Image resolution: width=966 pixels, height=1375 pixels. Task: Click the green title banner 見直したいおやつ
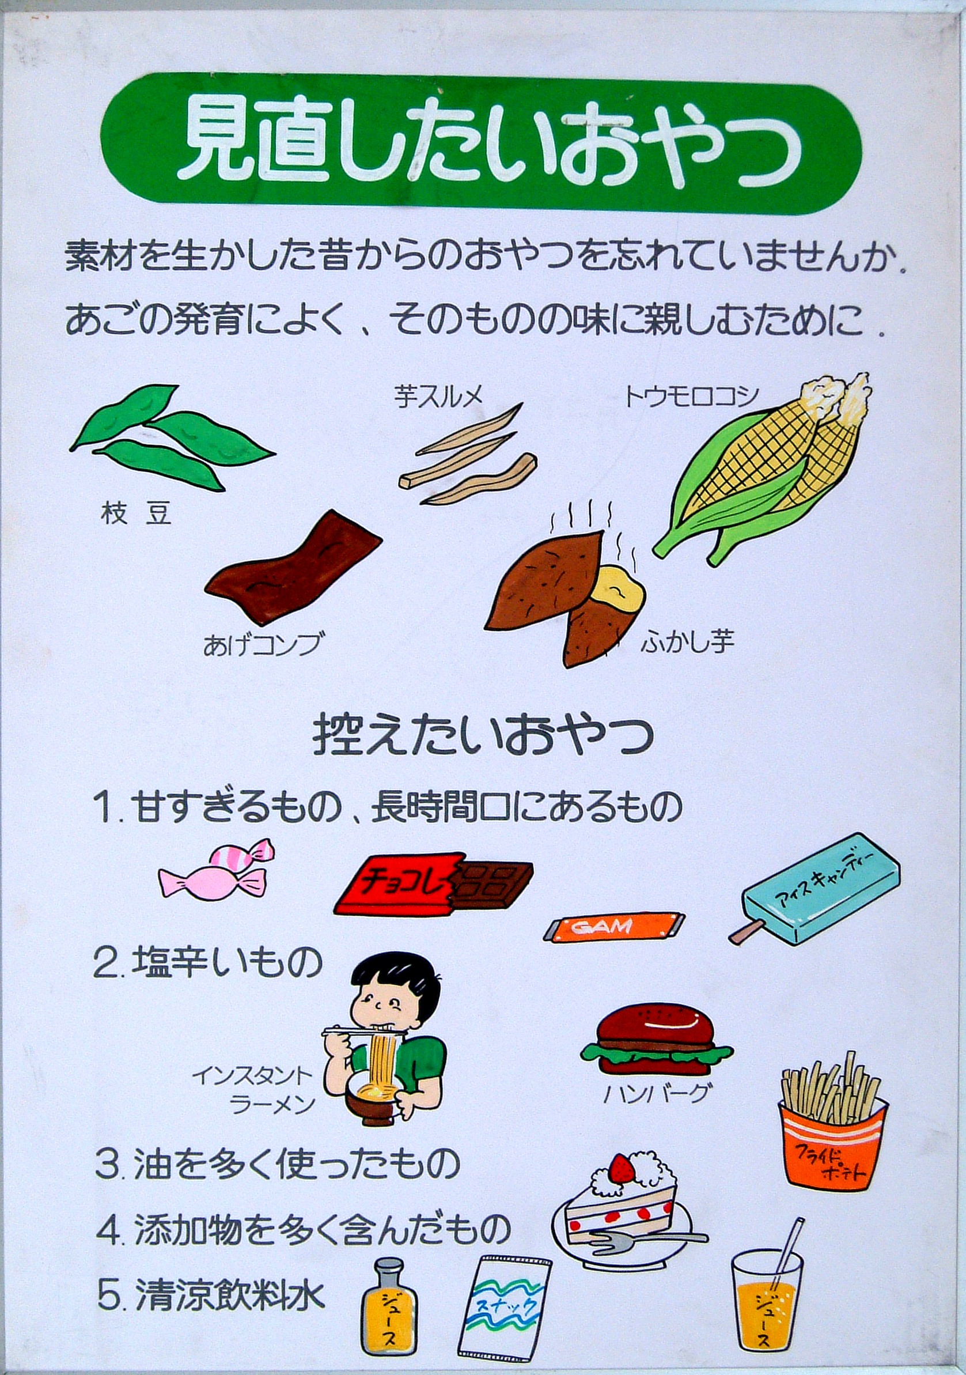pyautogui.click(x=482, y=143)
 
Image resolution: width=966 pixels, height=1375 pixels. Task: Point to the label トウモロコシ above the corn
pyautogui.click(x=691, y=396)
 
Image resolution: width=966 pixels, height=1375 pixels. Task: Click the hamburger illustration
pyautogui.click(x=657, y=1042)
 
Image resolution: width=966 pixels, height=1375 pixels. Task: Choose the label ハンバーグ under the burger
pyautogui.click(x=657, y=1094)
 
